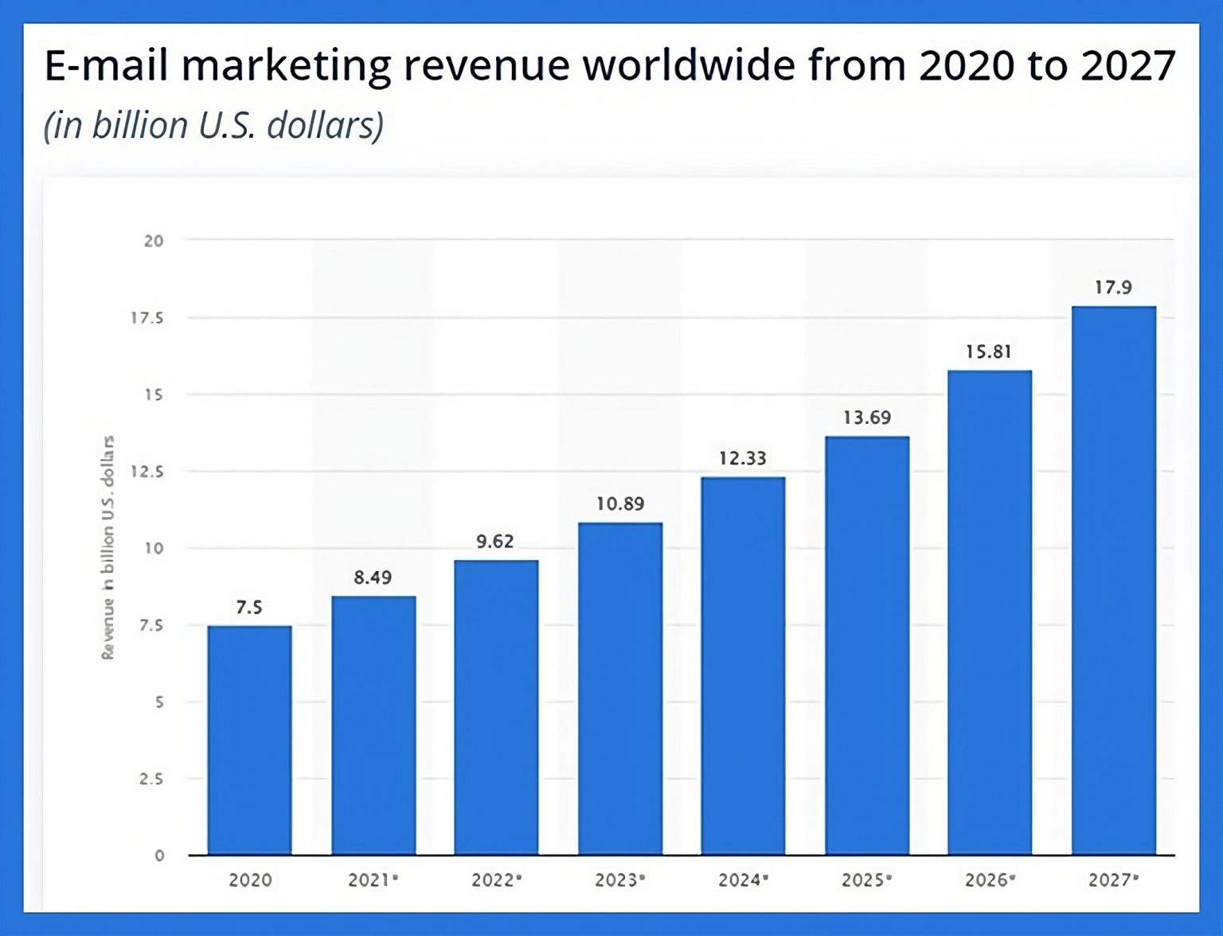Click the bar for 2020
pos(249,740)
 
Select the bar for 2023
pos(619,688)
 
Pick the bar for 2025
pos(866,645)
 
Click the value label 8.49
pos(373,578)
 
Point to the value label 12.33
pos(742,459)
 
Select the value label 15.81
pos(988,352)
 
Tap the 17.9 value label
pos(1112,288)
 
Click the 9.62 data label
pos(494,542)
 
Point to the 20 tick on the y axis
pos(154,241)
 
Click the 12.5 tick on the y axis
pos(147,472)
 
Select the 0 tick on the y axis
pos(159,856)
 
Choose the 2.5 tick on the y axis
pos(151,779)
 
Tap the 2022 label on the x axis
pos(494,880)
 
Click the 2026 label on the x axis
pos(988,880)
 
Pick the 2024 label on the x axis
pos(741,880)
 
